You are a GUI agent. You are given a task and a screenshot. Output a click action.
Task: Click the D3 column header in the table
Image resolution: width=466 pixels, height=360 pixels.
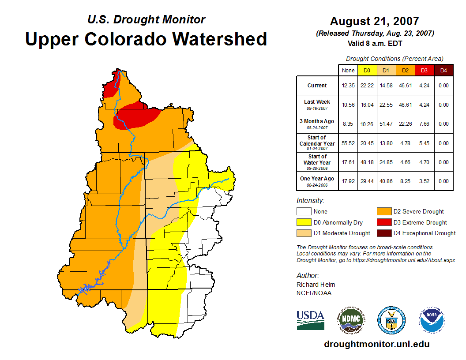[424, 70]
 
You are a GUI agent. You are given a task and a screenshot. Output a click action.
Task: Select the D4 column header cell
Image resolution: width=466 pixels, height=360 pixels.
[443, 70]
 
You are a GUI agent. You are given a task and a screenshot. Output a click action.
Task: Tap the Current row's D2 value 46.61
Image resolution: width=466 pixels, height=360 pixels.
[405, 86]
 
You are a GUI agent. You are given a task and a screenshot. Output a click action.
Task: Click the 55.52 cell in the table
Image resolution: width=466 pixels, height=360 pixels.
[348, 143]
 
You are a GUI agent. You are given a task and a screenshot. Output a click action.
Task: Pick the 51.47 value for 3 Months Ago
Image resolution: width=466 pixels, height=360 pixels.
[386, 124]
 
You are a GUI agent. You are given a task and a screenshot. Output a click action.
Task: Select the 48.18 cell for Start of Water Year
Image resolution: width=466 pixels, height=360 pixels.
[367, 162]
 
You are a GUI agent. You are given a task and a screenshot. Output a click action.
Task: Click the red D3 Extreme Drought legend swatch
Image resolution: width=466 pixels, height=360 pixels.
[383, 222]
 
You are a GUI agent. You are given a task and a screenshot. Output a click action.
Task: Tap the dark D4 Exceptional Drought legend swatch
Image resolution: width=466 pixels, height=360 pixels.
[383, 233]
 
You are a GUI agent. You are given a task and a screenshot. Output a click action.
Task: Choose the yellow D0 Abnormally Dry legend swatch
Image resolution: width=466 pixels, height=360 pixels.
[304, 222]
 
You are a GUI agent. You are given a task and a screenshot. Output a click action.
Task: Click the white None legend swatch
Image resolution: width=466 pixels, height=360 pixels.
[304, 212]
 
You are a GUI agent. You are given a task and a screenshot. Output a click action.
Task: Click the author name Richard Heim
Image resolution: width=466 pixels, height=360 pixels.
[316, 285]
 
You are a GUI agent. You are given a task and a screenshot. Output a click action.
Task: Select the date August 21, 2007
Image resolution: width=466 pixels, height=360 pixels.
[375, 21]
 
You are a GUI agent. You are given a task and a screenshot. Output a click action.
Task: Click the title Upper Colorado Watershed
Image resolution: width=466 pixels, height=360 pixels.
[146, 39]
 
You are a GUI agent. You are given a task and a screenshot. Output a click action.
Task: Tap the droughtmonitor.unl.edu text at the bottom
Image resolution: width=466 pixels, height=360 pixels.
[376, 344]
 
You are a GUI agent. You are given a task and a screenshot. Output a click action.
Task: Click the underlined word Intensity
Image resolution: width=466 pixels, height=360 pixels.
[310, 201]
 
